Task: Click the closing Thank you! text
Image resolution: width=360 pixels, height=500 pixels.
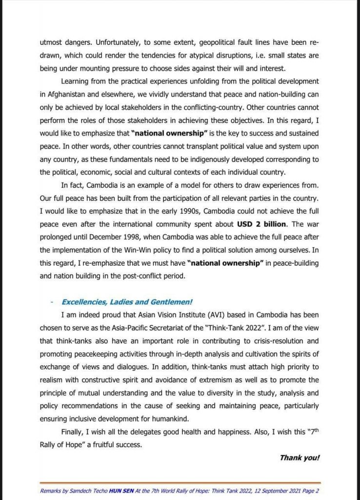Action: pyautogui.click(x=300, y=458)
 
